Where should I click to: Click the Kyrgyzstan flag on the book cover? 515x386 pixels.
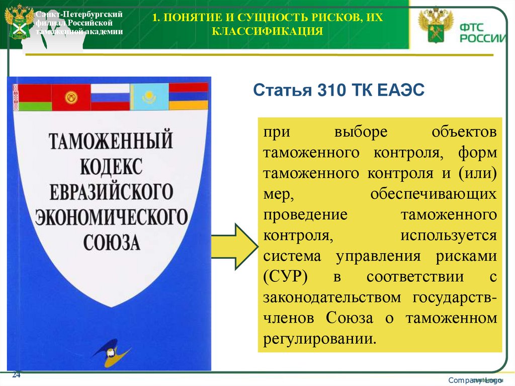tap(71, 97)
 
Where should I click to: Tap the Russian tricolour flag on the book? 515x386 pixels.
tap(110, 97)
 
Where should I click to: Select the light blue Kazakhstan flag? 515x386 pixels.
tap(149, 97)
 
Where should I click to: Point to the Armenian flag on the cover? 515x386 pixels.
tap(188, 97)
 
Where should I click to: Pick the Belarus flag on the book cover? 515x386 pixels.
tap(32, 97)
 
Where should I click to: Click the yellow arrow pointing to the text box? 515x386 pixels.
tap(234, 245)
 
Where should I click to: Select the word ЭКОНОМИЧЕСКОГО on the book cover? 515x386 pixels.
tap(111, 217)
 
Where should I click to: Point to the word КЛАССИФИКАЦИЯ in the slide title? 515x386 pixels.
tap(267, 32)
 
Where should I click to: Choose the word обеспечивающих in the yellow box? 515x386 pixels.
tap(434, 194)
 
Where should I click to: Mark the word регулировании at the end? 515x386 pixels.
tap(319, 338)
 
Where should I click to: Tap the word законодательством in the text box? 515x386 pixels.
tap(332, 297)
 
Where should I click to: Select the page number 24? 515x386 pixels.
tap(16, 375)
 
